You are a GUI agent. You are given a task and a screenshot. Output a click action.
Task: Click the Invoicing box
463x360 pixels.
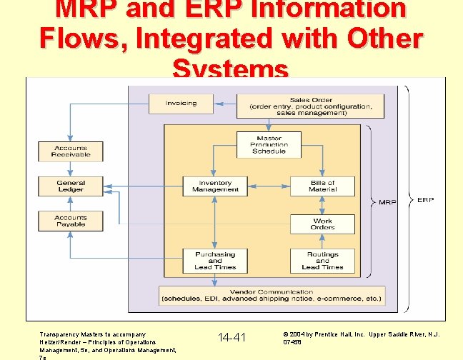click(x=181, y=104)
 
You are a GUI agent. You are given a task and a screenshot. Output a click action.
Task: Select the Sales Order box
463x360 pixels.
click(x=309, y=106)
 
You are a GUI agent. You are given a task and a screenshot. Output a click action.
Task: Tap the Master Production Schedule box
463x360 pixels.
click(x=269, y=144)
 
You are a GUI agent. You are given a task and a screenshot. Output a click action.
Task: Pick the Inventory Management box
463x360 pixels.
click(x=215, y=186)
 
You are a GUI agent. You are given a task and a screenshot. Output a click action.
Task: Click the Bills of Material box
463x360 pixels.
click(x=322, y=186)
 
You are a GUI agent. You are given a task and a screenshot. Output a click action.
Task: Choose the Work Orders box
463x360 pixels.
click(x=322, y=224)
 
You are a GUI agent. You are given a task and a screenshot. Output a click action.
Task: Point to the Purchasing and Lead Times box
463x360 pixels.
click(x=215, y=261)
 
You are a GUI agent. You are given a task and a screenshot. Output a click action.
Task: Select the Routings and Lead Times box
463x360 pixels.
click(x=322, y=261)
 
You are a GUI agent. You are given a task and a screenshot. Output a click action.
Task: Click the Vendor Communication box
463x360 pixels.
click(x=272, y=295)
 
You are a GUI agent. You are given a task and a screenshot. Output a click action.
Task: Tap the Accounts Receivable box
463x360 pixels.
click(x=71, y=151)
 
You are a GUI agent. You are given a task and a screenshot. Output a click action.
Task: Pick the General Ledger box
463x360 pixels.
click(x=71, y=186)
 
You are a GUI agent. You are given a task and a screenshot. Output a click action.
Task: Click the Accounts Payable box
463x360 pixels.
click(x=71, y=221)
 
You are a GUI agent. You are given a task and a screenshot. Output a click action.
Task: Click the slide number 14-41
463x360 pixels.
click(x=231, y=336)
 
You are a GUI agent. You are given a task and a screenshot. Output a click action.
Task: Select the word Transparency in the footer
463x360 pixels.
click(x=61, y=334)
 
